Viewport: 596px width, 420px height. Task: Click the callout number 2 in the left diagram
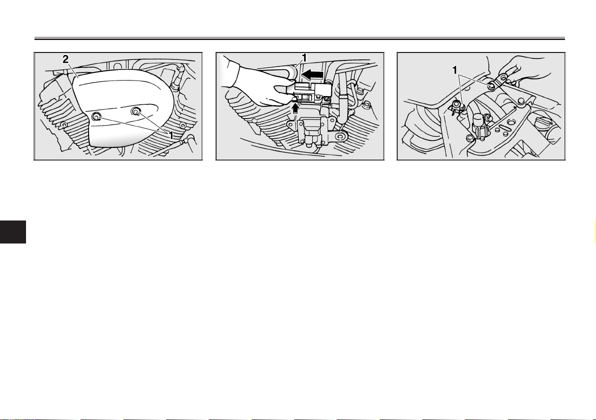66,59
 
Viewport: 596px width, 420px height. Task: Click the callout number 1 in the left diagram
171,135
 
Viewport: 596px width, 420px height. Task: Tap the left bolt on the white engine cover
97,116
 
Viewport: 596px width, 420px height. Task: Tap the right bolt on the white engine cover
136,111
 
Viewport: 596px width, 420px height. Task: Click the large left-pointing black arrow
313,74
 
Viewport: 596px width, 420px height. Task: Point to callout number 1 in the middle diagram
304,57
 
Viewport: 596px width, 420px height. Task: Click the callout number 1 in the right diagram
454,70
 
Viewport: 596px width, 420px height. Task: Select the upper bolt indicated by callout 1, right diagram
491,86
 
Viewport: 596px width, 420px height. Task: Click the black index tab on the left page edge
13,231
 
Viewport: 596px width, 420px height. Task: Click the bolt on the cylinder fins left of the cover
64,125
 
